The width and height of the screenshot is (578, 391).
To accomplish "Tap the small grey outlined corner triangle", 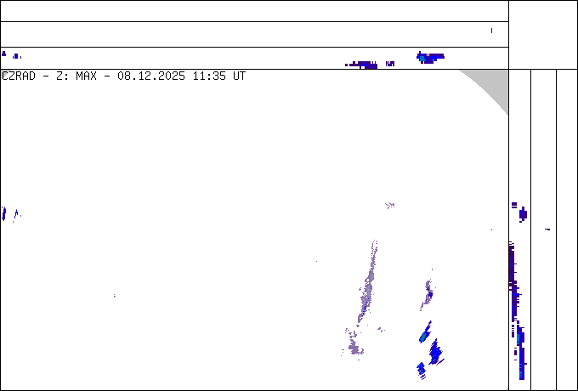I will [4, 74].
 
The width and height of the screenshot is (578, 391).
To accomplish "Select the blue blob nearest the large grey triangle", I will [430, 58].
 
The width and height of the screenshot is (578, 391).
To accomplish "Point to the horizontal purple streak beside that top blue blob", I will [363, 64].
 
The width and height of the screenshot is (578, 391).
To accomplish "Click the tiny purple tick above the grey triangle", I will [491, 31].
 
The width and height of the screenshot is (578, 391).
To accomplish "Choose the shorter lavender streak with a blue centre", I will [428, 293].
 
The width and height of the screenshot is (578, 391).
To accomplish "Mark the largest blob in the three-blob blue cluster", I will [435, 351].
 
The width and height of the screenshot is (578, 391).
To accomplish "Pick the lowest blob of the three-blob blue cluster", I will [421, 369].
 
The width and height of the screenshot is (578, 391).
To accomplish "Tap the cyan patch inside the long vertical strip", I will [518, 338].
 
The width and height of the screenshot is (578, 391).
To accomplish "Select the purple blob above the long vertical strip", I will [523, 213].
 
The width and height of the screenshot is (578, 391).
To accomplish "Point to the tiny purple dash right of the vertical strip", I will [547, 229].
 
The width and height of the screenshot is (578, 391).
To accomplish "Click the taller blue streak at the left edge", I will [4, 212].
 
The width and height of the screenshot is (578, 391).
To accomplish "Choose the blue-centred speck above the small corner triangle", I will [16, 56].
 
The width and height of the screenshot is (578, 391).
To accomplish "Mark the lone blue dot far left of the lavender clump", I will [115, 296].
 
